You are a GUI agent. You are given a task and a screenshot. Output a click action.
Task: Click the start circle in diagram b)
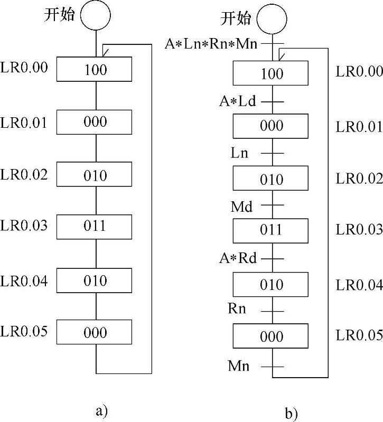(272, 20)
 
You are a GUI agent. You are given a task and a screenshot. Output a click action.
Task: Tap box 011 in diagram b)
(272, 230)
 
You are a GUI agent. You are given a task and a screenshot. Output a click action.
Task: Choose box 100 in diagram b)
(272, 73)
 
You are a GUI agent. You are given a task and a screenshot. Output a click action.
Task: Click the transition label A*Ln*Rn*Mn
(211, 43)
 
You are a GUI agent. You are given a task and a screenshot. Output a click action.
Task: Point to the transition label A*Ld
(238, 101)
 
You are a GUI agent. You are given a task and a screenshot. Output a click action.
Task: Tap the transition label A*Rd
(238, 259)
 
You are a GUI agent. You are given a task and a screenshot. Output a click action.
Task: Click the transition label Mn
(239, 365)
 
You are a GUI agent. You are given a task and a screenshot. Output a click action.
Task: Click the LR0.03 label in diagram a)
(24, 226)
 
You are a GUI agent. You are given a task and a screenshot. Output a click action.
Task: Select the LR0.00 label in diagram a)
(24, 69)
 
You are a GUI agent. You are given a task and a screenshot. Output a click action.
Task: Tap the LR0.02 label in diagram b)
(359, 179)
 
